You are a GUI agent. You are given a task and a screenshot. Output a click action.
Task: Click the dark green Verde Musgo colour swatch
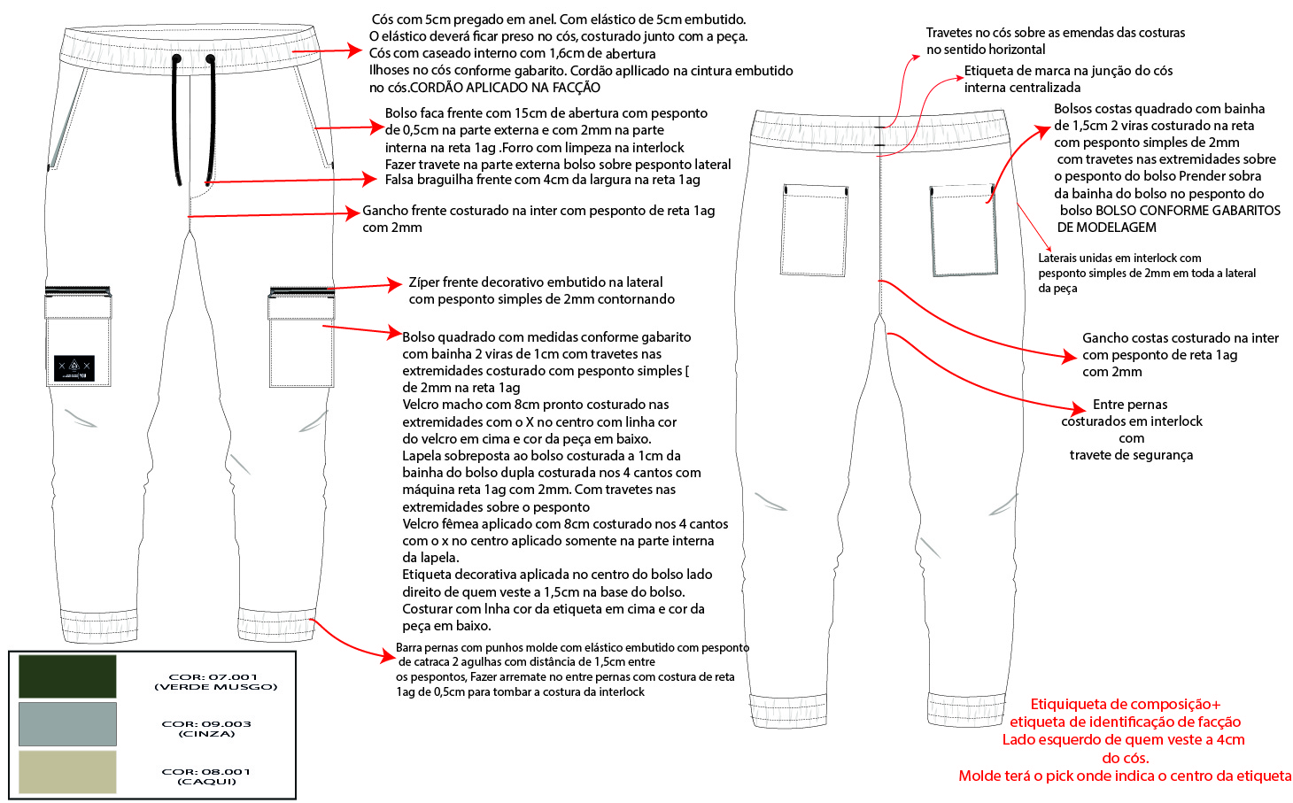(67, 676)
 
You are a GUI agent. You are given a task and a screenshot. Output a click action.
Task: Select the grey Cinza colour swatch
(67, 724)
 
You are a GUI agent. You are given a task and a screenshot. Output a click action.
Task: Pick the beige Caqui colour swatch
(67, 771)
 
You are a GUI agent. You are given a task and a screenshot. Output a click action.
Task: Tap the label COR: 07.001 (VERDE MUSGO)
(215, 682)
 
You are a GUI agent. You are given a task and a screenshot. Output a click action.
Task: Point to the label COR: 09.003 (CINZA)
(206, 729)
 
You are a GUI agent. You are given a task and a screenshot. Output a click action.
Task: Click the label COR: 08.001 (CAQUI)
(206, 776)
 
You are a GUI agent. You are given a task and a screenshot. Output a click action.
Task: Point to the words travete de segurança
(1131, 455)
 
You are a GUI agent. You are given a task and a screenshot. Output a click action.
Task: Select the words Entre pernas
(1130, 405)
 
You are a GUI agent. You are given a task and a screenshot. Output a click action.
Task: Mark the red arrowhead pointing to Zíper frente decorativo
(395, 284)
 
